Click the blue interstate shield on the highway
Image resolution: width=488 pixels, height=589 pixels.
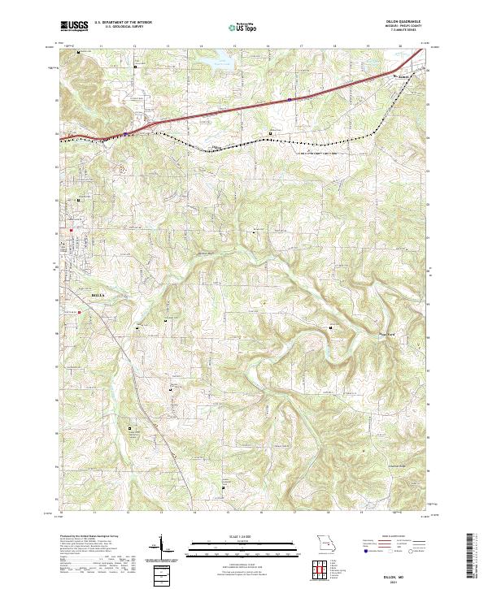288,99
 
